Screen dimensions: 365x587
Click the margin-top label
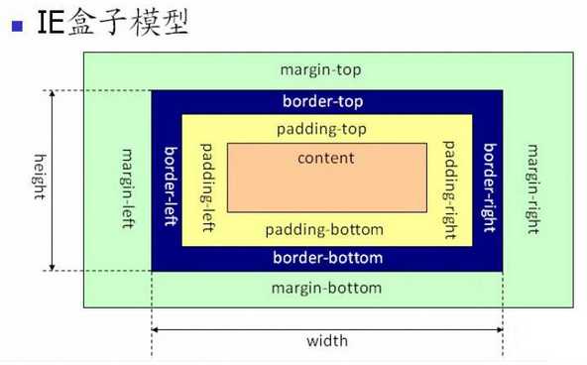pos(319,70)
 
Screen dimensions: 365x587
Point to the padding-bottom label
pos(324,229)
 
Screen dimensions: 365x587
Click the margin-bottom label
pos(326,288)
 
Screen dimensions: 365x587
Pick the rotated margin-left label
pos(127,188)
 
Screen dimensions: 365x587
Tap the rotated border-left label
pos(168,185)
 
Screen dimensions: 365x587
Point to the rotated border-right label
pos(488,185)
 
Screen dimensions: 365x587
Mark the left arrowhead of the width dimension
pos(157,329)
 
